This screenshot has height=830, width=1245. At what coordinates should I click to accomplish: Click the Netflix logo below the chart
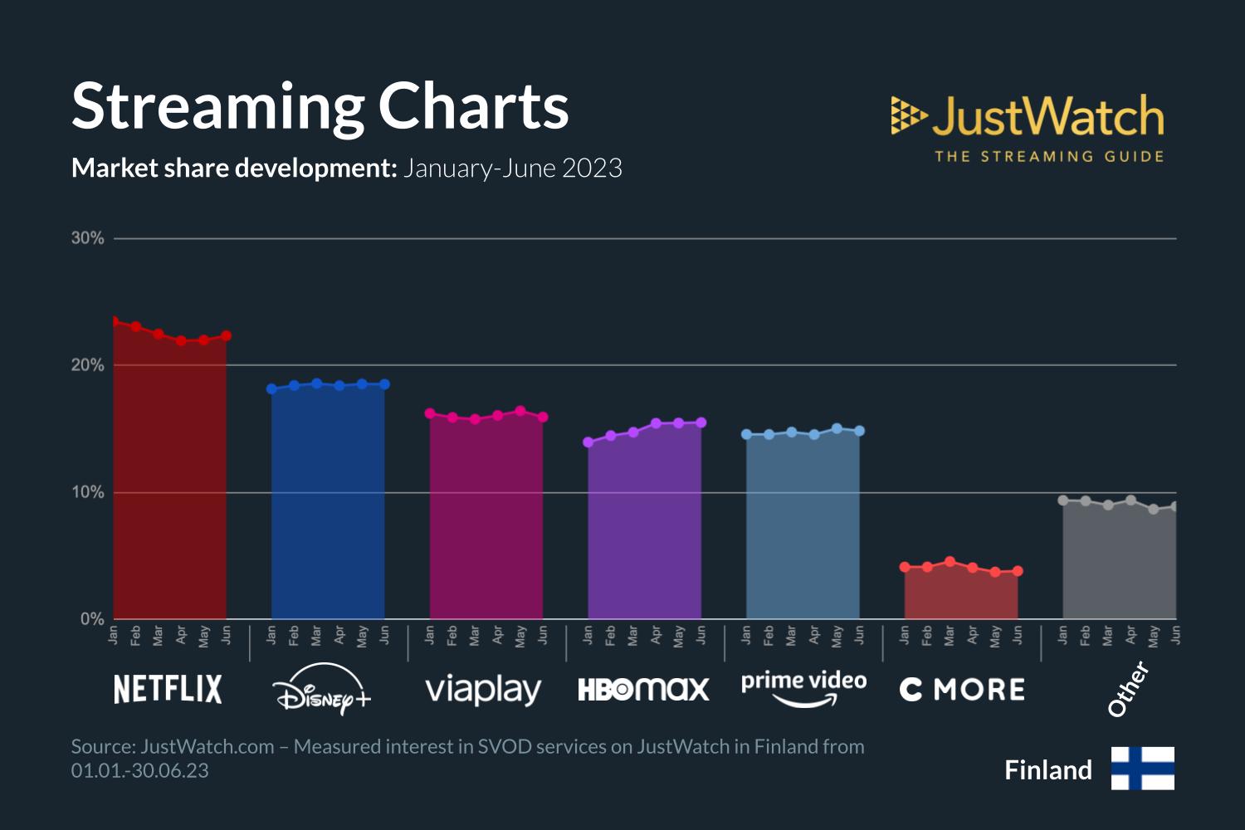pyautogui.click(x=168, y=689)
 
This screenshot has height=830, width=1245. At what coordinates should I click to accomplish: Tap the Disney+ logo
pyautogui.click(x=322, y=689)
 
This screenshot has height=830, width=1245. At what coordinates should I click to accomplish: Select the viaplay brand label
pyautogui.click(x=483, y=690)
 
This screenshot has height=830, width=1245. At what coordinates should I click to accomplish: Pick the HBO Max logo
pyautogui.click(x=643, y=689)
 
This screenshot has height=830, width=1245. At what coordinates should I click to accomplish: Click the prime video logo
pyautogui.click(x=803, y=687)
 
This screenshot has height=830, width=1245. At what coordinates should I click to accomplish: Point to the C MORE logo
pyautogui.click(x=962, y=690)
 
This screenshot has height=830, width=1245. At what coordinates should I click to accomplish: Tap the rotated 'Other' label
pyautogui.click(x=1129, y=688)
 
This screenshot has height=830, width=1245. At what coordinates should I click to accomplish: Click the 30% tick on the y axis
pyautogui.click(x=88, y=238)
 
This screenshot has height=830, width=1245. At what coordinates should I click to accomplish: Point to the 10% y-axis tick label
pyautogui.click(x=88, y=492)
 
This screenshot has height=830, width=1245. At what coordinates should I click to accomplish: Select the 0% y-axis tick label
pyautogui.click(x=92, y=619)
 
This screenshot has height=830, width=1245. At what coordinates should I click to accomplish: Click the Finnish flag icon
pyautogui.click(x=1142, y=768)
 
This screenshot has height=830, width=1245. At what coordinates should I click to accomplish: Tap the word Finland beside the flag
pyautogui.click(x=1047, y=770)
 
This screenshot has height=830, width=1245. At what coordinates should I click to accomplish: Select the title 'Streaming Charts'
pyautogui.click(x=320, y=106)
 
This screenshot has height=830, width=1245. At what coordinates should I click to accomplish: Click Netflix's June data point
pyautogui.click(x=226, y=336)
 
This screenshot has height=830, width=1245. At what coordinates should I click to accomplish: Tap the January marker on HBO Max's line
pyautogui.click(x=588, y=442)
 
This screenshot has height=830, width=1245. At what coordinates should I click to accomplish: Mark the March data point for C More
pyautogui.click(x=950, y=562)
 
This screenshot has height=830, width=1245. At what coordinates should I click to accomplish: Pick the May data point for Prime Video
pyautogui.click(x=837, y=429)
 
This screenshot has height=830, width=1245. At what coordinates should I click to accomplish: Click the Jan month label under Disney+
pyautogui.click(x=271, y=636)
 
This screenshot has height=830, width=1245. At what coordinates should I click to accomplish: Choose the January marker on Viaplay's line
pyautogui.click(x=430, y=413)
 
